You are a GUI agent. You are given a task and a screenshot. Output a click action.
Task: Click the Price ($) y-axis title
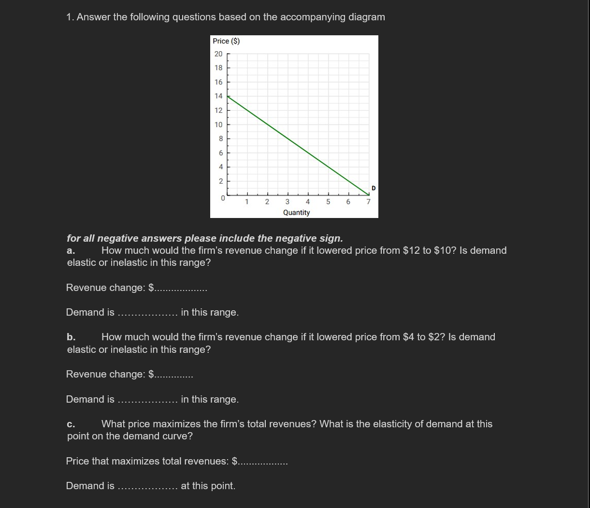[226, 41]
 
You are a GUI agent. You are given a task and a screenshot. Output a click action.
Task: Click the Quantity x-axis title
[296, 213]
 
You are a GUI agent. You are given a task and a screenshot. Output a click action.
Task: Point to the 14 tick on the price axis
[218, 96]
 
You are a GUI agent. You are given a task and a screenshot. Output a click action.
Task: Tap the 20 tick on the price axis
[218, 54]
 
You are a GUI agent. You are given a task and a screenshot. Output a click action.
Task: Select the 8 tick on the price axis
[220, 139]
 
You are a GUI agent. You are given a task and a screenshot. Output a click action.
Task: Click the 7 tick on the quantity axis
[368, 202]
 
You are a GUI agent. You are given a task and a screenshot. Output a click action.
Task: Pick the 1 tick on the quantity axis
[246, 202]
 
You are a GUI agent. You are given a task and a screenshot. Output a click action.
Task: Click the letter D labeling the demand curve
[373, 188]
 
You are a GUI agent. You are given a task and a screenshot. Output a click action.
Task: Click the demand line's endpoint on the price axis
[227, 96]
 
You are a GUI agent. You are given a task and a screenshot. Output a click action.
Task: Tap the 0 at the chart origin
[223, 198]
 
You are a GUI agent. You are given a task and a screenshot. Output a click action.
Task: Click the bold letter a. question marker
[71, 250]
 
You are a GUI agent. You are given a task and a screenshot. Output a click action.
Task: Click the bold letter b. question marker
[71, 337]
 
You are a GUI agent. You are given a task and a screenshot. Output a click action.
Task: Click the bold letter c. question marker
[71, 424]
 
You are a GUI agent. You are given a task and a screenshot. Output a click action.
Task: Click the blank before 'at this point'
[147, 487]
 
